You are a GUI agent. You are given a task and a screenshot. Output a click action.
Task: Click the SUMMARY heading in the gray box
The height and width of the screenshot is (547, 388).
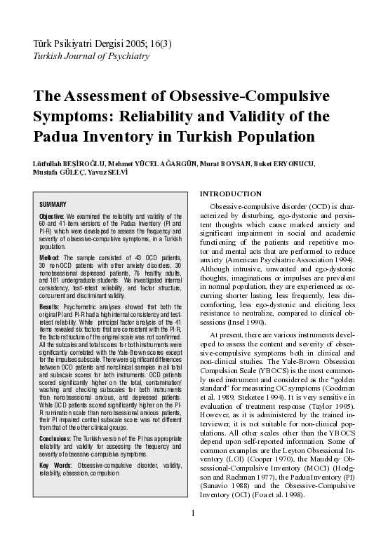[53, 203]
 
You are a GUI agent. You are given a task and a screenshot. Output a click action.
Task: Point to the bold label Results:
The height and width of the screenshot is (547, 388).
[50, 306]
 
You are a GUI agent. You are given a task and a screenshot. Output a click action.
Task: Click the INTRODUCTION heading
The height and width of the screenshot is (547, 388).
[232, 194]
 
